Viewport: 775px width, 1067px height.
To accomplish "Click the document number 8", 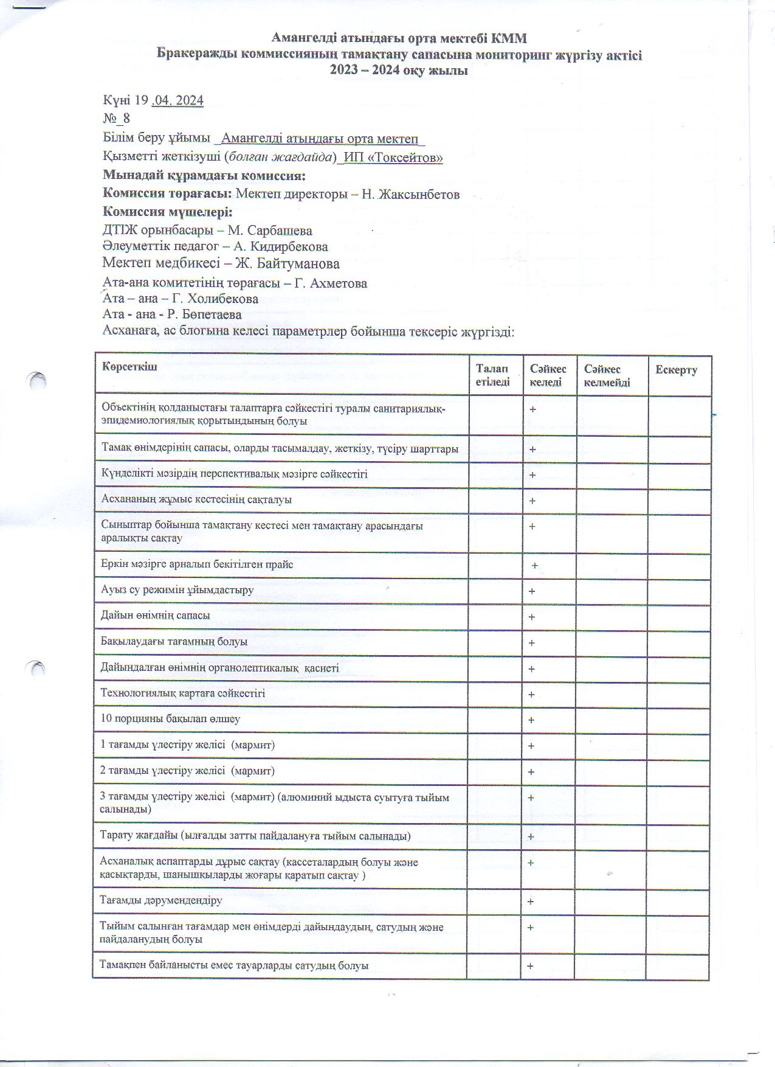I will [126, 118].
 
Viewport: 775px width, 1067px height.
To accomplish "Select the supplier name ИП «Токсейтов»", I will [393, 158].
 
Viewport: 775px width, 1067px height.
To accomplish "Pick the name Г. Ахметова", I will [330, 283].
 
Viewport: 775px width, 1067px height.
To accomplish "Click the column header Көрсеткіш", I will [129, 366].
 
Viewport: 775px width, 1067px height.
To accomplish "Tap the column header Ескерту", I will [675, 370].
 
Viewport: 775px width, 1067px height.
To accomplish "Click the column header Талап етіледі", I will [492, 375].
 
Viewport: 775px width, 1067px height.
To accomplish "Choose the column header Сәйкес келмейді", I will [607, 376].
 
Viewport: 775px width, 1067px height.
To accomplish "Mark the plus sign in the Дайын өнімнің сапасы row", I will [532, 617].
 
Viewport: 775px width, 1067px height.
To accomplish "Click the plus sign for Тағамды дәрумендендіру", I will [531, 902].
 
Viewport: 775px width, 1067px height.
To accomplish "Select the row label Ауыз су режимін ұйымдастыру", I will [177, 590].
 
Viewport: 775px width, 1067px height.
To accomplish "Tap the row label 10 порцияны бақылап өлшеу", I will [170, 718].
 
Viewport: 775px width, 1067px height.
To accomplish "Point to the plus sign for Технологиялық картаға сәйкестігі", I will [531, 694].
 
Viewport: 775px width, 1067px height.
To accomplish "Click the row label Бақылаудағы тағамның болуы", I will [174, 641].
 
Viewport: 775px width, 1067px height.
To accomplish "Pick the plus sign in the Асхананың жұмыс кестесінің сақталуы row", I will [532, 501].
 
